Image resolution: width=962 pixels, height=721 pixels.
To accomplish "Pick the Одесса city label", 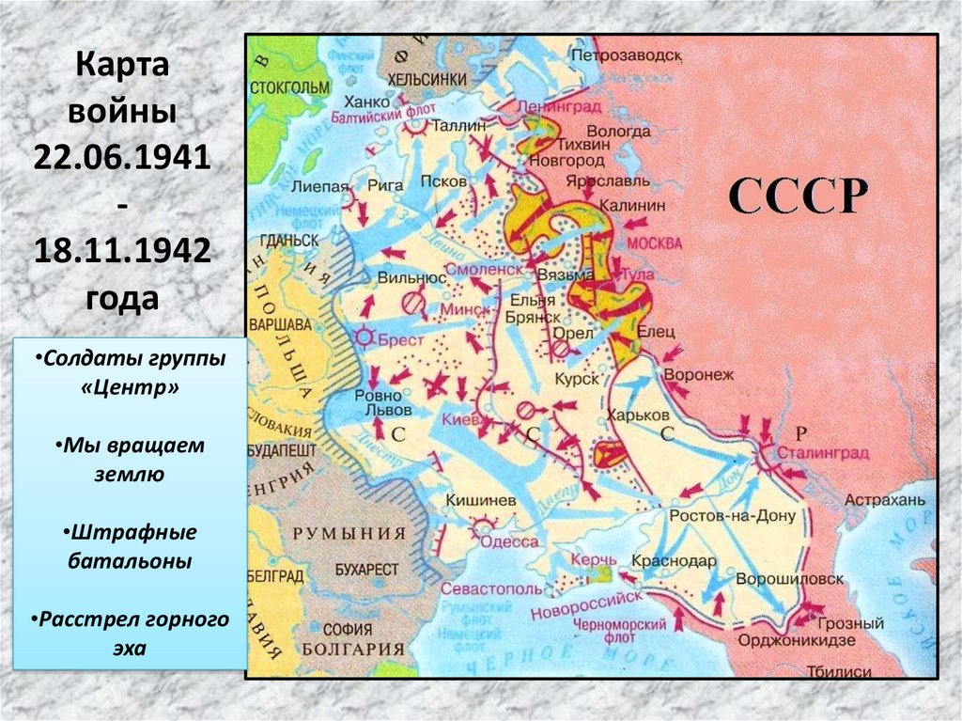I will (509, 541).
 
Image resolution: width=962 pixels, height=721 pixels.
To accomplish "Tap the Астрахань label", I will (884, 499).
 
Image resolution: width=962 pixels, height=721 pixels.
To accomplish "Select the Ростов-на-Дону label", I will (733, 516).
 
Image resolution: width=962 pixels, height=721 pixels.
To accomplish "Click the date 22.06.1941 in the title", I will (123, 153).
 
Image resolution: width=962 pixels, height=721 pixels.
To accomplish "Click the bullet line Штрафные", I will (132, 533).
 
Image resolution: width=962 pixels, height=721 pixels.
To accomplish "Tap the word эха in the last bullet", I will (132, 648).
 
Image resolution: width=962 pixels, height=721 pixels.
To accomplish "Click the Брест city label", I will (401, 339).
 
